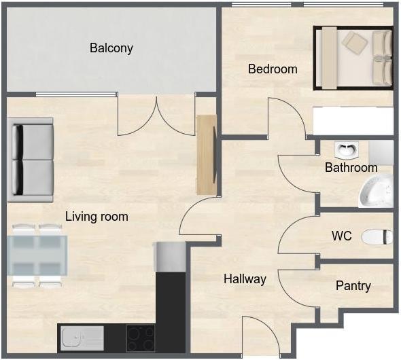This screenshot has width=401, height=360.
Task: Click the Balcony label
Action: point(111,48)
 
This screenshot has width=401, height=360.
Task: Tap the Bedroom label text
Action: point(273,69)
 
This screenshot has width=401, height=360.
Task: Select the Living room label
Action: point(97,217)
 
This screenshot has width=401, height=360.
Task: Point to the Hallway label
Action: point(245,278)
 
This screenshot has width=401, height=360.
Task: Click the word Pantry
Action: point(353,286)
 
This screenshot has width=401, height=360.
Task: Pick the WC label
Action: point(342,236)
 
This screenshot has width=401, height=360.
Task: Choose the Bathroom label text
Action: point(351,168)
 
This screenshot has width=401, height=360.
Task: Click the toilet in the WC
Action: point(377,237)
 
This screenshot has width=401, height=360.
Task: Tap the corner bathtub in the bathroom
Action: point(377,191)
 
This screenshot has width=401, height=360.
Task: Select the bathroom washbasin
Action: point(346,150)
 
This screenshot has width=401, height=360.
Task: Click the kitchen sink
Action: point(82,338)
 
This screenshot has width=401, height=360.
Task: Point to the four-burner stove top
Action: point(141,338)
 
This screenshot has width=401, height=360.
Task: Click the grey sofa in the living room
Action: point(31,160)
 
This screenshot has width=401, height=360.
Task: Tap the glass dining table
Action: point(37,255)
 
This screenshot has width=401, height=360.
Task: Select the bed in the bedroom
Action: point(353,58)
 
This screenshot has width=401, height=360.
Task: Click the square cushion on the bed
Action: point(355,43)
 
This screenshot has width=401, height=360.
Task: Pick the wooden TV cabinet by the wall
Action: point(206,155)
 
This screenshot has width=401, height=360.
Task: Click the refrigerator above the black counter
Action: point(170,257)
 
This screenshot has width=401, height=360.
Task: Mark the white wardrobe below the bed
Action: point(353,121)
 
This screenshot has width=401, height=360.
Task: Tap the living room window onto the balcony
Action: point(77,94)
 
